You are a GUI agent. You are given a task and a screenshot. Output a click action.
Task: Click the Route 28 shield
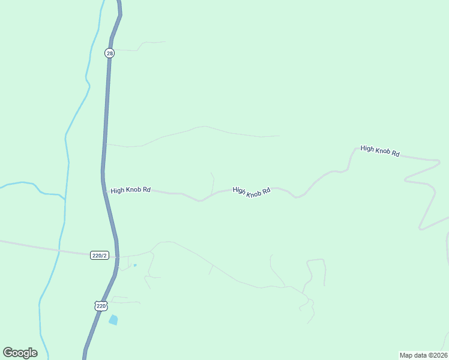(x=109, y=53)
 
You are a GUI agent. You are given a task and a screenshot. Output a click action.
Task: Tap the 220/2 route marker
(x=100, y=256)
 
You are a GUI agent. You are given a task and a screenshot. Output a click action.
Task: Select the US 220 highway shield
(x=101, y=306)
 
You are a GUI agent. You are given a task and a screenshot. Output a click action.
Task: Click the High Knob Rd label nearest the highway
(x=130, y=190)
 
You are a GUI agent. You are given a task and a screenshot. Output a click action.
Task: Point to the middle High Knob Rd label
(x=252, y=191)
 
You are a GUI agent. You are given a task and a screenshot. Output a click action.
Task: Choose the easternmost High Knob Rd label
(x=380, y=151)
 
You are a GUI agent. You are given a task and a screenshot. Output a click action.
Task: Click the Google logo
(x=20, y=353)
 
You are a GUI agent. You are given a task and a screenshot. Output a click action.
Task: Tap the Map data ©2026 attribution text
(x=423, y=355)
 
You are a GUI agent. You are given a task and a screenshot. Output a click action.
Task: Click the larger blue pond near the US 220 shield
(x=113, y=320)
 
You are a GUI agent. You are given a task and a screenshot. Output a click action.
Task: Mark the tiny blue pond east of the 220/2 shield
(x=135, y=265)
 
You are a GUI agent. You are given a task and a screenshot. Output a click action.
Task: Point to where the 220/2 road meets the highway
(x=117, y=256)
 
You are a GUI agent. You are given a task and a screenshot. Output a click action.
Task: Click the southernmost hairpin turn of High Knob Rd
(x=421, y=228)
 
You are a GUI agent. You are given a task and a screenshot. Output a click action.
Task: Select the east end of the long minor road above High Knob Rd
(x=279, y=136)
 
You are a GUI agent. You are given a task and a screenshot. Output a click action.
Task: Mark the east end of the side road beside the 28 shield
(x=165, y=42)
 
